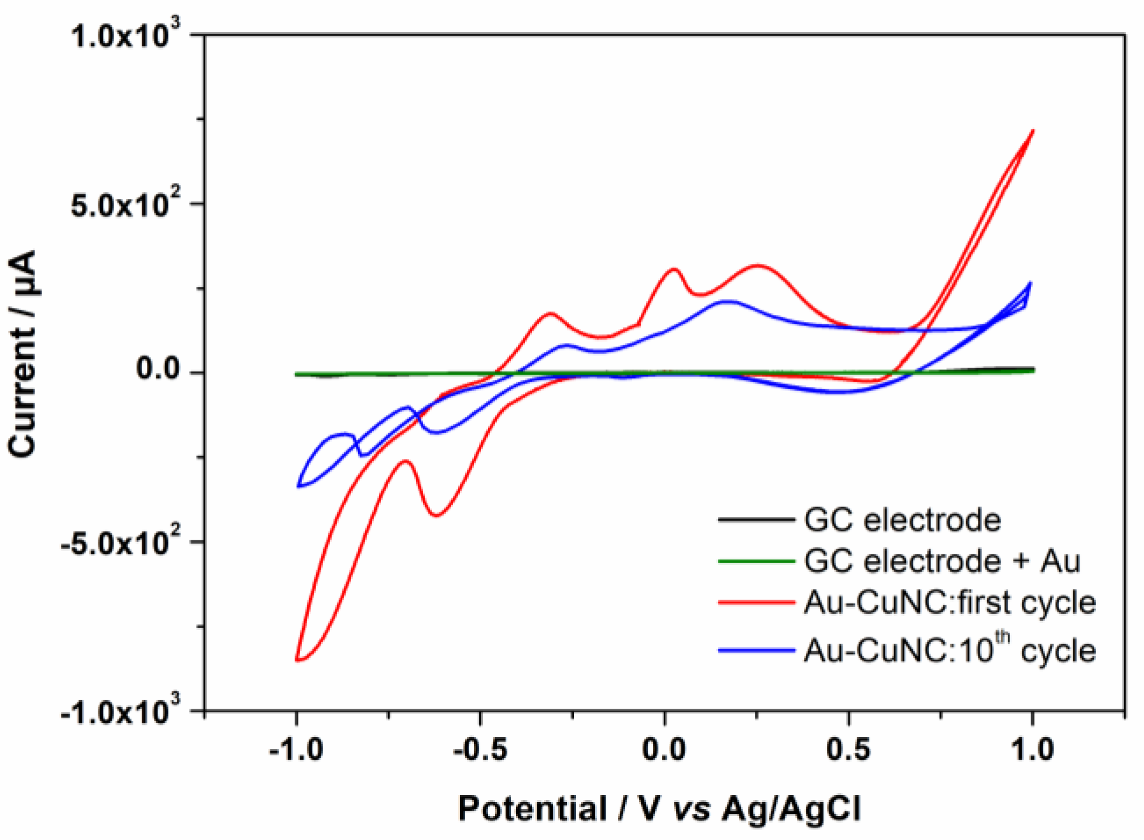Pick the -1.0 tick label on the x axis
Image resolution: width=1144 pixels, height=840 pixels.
click(x=296, y=750)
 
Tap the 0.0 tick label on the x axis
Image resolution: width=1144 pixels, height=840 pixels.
click(x=664, y=750)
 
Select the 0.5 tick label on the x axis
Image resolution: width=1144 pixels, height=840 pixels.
click(x=848, y=750)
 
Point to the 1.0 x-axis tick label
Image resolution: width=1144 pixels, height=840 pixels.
click(x=1032, y=750)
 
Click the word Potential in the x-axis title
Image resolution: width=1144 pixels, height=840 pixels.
click(x=533, y=809)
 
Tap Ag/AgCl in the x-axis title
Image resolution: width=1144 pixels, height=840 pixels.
click(x=791, y=809)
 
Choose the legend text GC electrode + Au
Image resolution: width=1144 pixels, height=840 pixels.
click(x=942, y=561)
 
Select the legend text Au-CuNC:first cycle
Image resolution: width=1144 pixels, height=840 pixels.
click(x=949, y=602)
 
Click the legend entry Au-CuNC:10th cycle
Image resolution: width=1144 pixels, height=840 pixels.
click(x=949, y=650)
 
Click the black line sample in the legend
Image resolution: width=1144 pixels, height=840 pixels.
click(x=756, y=519)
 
